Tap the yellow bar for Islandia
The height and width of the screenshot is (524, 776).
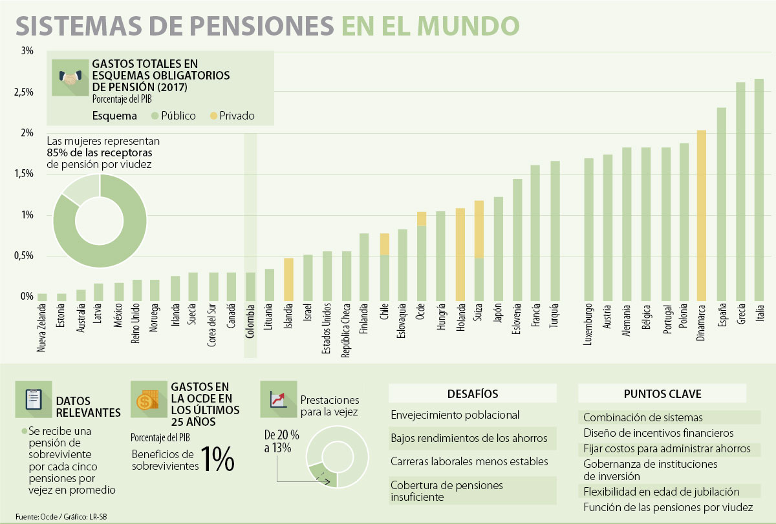click(288, 279)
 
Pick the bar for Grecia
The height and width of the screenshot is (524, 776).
click(740, 191)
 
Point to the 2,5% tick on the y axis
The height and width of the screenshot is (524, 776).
click(27, 92)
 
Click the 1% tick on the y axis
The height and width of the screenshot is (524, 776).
click(27, 215)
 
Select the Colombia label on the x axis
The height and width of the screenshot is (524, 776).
click(250, 329)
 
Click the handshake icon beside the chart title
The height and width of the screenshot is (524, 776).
click(69, 79)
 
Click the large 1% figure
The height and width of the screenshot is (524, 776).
click(217, 459)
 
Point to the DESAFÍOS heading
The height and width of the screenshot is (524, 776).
click(473, 394)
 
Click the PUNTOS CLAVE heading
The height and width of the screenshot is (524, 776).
click(662, 394)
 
